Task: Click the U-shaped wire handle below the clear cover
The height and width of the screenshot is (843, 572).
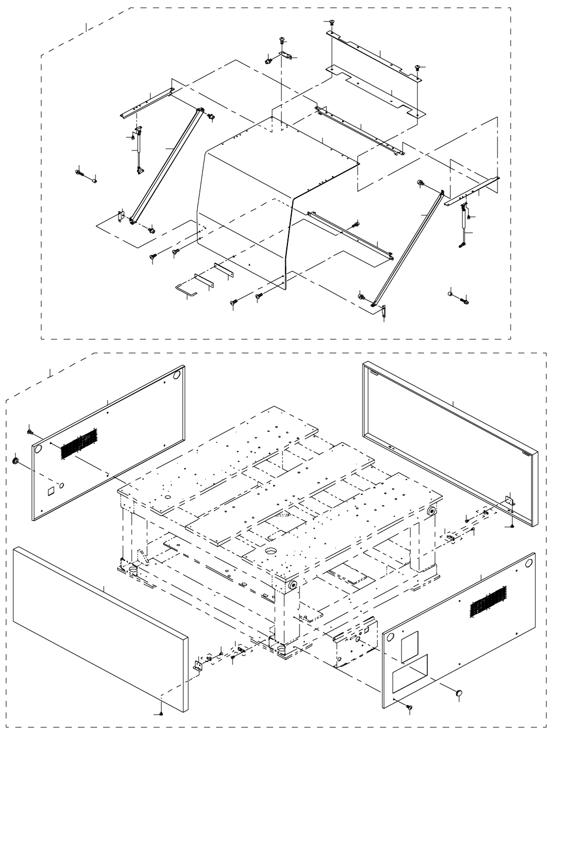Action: click(x=184, y=289)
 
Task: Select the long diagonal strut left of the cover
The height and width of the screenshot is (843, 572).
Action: click(x=164, y=165)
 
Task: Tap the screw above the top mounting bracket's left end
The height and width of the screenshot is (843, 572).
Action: click(x=331, y=22)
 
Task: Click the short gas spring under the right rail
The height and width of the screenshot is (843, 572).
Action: click(x=465, y=226)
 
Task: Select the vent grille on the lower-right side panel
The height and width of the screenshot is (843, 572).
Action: click(x=487, y=602)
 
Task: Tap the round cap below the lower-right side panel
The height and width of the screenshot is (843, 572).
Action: click(x=460, y=693)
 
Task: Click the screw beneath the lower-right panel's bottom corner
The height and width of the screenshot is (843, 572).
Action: click(x=408, y=708)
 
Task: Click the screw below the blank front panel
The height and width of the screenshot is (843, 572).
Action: click(x=161, y=712)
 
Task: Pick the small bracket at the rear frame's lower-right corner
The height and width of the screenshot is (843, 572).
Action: click(x=509, y=501)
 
